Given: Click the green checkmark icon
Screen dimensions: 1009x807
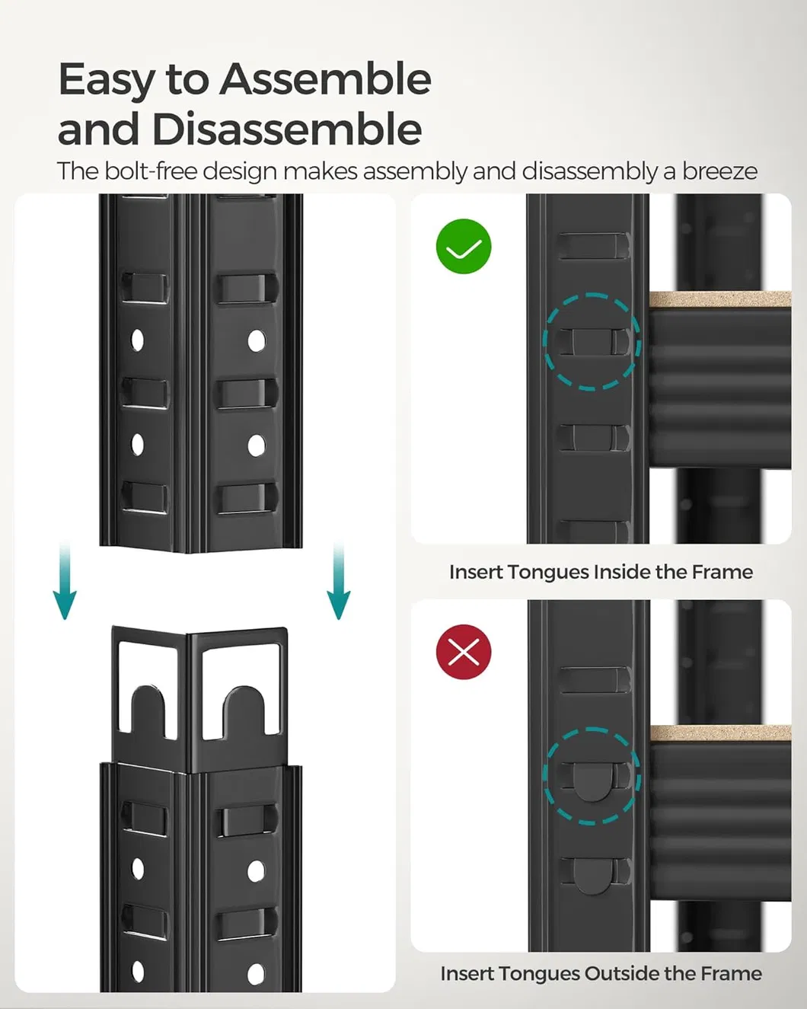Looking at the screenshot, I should coord(464,246).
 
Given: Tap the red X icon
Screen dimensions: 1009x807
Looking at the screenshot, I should coord(464,652).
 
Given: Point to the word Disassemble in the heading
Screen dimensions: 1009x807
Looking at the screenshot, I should coord(286,129).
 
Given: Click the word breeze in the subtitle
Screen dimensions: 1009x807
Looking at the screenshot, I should coord(719,171).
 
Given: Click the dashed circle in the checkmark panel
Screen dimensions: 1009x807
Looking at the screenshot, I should coord(592,342).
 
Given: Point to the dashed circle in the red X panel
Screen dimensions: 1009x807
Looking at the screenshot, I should coord(592,776).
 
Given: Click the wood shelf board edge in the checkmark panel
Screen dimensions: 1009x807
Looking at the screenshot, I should coord(719,300).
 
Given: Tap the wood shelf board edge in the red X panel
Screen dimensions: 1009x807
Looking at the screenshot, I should coord(719,734).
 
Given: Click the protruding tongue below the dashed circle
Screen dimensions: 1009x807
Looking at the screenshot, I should coord(592,876).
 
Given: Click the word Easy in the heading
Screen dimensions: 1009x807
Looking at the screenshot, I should coord(106,79).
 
